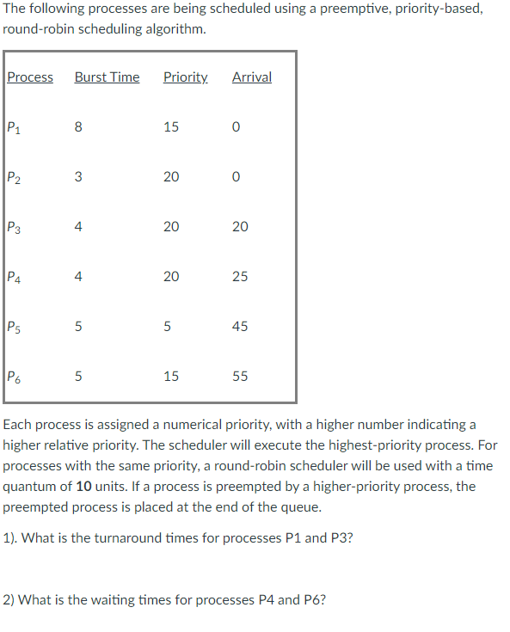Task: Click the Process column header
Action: tap(30, 77)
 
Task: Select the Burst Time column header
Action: tap(107, 77)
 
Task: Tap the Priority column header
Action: tap(185, 77)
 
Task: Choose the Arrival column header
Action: tap(251, 77)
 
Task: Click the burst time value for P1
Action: tap(78, 127)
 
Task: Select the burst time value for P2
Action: tap(78, 177)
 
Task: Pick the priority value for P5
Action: tap(170, 327)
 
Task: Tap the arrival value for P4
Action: tap(240, 277)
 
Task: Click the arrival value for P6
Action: tap(240, 377)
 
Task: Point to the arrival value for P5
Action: tap(240, 327)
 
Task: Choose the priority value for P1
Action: tap(170, 127)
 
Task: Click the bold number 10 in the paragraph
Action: tap(84, 487)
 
